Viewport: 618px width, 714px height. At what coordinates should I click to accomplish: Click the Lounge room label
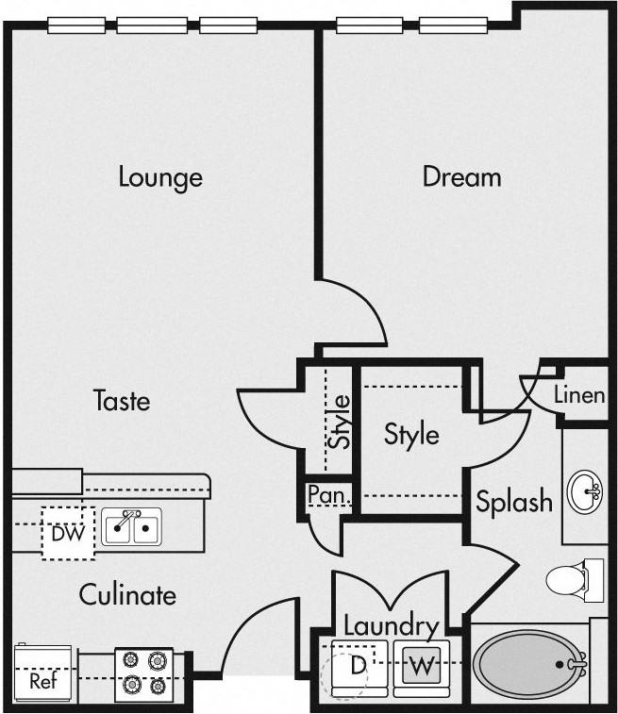point(160,177)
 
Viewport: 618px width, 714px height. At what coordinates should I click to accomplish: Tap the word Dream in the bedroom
point(461,176)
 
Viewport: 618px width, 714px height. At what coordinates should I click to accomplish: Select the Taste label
point(122,401)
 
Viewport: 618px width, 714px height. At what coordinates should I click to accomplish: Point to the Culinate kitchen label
point(127,595)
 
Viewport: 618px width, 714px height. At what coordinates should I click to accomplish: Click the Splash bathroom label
point(514,502)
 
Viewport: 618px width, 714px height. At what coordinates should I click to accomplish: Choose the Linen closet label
point(579,395)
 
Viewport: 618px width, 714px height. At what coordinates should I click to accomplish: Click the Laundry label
point(392,625)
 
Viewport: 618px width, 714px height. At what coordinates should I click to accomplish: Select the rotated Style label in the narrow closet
point(340,422)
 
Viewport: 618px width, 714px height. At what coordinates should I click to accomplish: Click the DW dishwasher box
point(68,533)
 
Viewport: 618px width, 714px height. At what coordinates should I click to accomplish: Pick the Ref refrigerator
point(43,674)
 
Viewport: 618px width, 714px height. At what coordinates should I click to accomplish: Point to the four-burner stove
point(144,674)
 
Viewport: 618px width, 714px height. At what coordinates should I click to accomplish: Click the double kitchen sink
point(131,527)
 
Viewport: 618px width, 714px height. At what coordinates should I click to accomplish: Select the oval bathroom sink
point(585,492)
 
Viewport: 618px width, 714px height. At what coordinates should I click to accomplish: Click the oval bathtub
point(529,664)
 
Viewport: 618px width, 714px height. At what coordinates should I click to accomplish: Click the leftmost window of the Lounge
point(76,25)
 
